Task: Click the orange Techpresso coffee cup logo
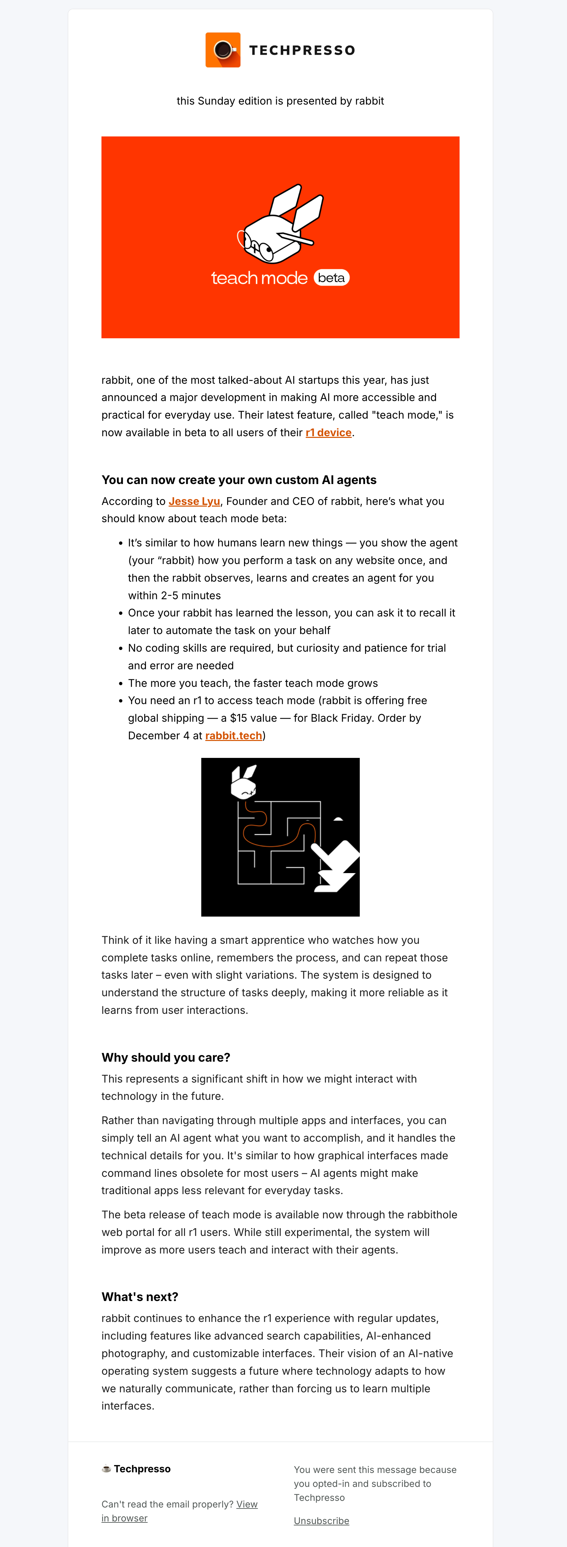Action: pyautogui.click(x=222, y=50)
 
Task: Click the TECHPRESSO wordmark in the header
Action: pyautogui.click(x=302, y=50)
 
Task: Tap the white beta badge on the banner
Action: pyautogui.click(x=331, y=278)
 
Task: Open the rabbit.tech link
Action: pyautogui.click(x=233, y=736)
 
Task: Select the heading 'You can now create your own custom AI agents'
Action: pyautogui.click(x=239, y=480)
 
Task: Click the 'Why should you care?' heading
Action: pyautogui.click(x=165, y=1058)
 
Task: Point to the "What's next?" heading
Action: pyautogui.click(x=140, y=1297)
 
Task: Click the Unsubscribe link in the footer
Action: pyautogui.click(x=321, y=1520)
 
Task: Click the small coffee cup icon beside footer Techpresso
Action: pyautogui.click(x=106, y=1469)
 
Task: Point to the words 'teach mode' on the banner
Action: pyautogui.click(x=259, y=278)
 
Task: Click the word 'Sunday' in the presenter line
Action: pyautogui.click(x=216, y=101)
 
